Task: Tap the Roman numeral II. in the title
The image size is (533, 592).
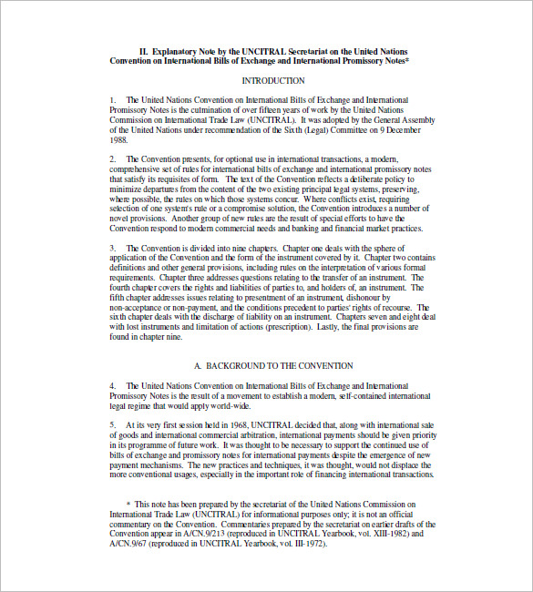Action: pos(144,52)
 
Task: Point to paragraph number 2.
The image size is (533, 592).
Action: pos(113,159)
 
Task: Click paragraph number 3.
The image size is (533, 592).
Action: pos(113,247)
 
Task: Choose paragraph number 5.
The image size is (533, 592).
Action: pos(113,424)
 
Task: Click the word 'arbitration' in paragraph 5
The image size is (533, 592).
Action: pos(261,434)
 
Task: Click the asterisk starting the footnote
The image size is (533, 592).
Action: pos(128,503)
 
